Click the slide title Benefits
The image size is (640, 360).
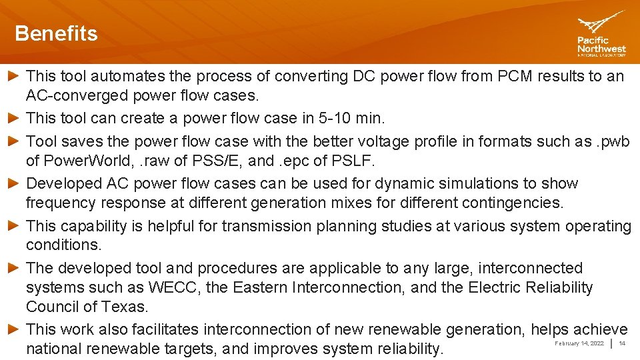pos(56,33)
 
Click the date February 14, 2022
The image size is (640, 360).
pos(579,343)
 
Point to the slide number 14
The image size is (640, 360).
pos(622,343)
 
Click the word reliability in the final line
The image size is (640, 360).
pos(408,348)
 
